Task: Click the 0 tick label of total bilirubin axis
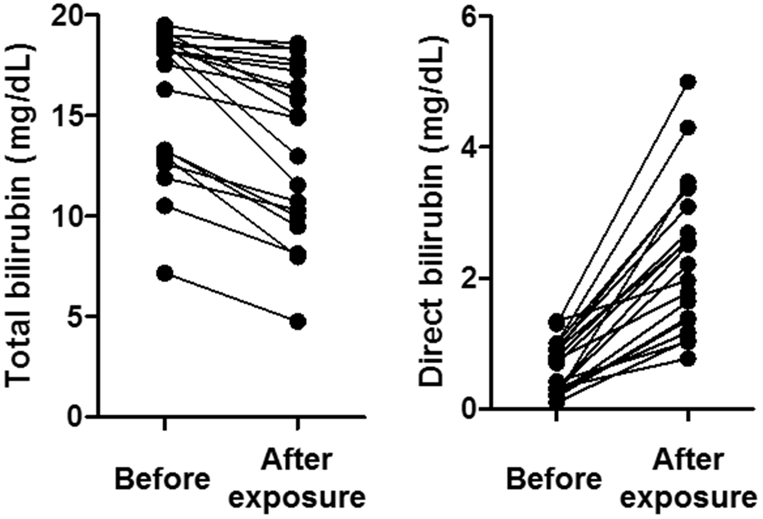click(x=74, y=417)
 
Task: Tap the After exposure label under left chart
click(x=297, y=479)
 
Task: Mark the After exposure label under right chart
click(x=688, y=479)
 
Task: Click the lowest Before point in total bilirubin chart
click(x=165, y=273)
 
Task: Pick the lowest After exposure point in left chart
click(x=298, y=321)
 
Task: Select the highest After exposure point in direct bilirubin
click(x=688, y=82)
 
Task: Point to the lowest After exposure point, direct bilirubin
click(x=688, y=358)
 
